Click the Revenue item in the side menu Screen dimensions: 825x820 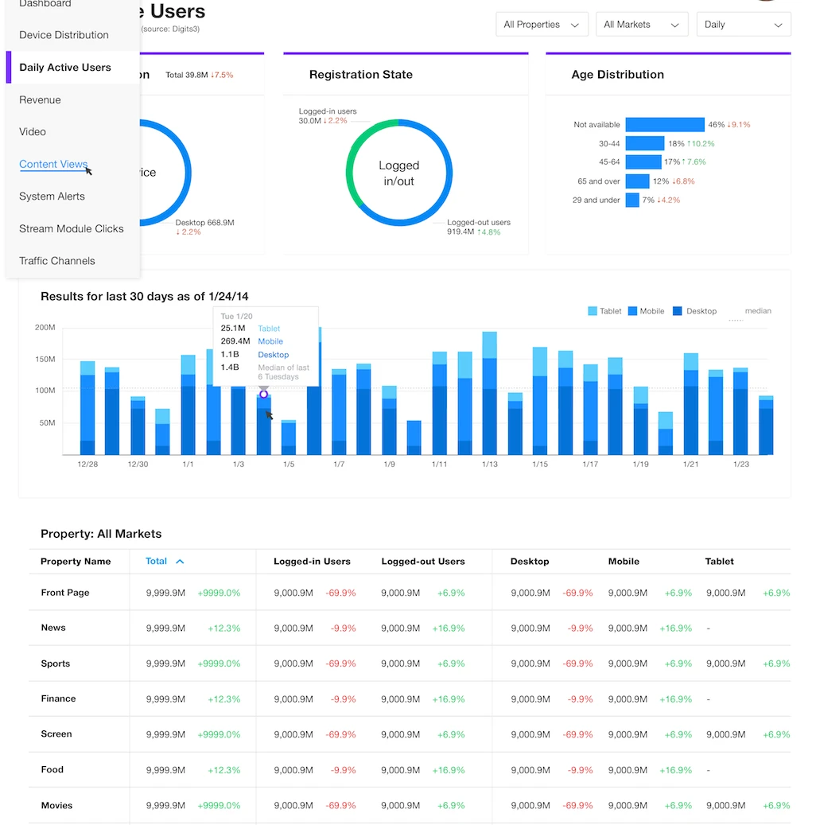point(41,99)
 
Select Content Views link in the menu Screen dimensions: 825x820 point(53,164)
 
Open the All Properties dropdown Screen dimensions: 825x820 point(542,25)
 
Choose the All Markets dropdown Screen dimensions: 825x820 point(641,25)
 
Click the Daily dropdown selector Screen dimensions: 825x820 point(743,25)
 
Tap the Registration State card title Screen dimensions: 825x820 point(360,75)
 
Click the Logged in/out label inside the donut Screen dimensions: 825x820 point(398,173)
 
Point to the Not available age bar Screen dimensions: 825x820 point(664,125)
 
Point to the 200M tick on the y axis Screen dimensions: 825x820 point(45,327)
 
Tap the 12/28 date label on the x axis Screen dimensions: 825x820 point(87,464)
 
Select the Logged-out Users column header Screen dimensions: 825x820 point(422,562)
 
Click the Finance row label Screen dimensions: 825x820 point(59,699)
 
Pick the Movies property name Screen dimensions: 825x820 point(56,805)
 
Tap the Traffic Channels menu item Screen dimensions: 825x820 point(57,261)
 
